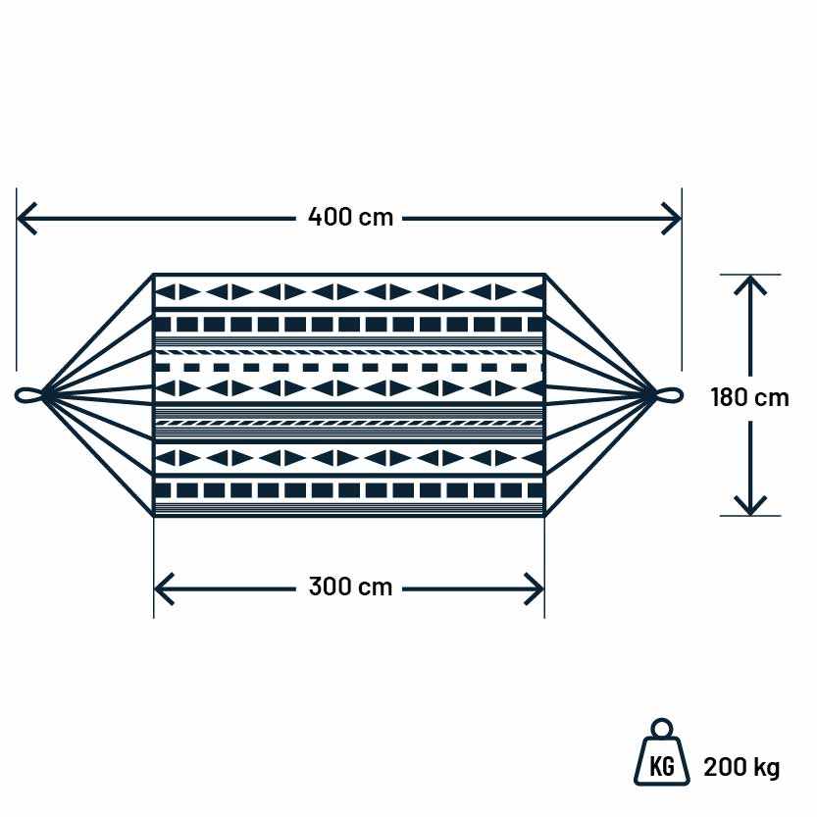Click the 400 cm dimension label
350,217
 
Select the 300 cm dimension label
350,587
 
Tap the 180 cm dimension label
749,397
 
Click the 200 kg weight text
741,767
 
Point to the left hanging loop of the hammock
29,395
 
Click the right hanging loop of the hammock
670,395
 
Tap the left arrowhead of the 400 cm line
26,218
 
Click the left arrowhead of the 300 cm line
163,588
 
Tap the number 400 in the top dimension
330,217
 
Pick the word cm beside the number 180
771,397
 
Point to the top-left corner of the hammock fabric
154,275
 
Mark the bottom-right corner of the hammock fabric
544,515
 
